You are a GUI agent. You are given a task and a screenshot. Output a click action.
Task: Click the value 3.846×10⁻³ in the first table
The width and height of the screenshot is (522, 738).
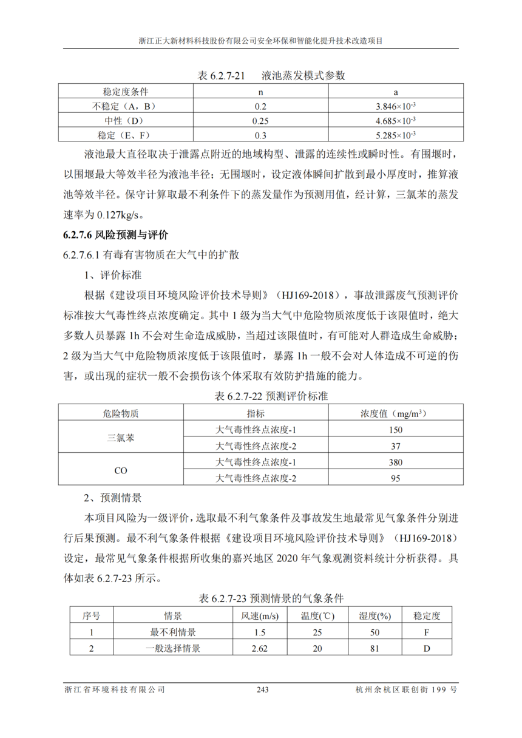point(396,106)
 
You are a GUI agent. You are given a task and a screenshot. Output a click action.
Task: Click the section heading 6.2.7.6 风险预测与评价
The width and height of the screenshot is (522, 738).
point(115,235)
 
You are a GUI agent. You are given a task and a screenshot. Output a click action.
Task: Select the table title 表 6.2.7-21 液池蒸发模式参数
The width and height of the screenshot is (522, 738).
point(271,76)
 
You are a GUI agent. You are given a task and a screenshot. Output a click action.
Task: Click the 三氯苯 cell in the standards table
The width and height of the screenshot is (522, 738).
point(121,438)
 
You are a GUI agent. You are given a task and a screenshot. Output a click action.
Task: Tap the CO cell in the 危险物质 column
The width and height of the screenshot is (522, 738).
point(121,470)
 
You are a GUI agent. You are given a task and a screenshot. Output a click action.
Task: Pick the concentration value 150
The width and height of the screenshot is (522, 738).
point(396,430)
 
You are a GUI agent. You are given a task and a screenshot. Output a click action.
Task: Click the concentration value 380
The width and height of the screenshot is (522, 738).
point(396,462)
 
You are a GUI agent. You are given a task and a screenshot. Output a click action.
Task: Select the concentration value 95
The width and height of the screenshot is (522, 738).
point(396,478)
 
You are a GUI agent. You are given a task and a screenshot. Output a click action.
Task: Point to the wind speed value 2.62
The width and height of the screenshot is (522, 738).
point(259,648)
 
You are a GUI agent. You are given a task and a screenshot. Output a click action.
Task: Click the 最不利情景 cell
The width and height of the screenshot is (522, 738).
point(173,632)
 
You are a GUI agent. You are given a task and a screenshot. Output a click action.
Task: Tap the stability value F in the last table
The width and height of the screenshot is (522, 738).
point(427,632)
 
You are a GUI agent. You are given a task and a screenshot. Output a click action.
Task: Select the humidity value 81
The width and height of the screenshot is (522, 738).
point(375,648)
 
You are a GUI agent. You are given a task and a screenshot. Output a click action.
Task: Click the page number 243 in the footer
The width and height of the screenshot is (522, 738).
point(262,690)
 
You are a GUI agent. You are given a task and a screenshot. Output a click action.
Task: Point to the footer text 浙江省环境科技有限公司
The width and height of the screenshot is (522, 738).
point(115,690)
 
